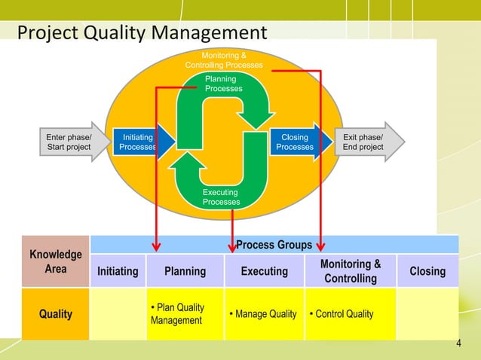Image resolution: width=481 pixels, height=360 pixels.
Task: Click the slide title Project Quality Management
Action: (142, 33)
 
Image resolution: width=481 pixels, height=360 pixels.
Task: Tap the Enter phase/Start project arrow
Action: (71, 142)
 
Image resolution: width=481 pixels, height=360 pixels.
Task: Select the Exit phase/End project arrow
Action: (366, 142)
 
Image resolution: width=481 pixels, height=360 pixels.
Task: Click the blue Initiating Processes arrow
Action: (140, 142)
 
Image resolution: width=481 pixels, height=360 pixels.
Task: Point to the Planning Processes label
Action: (224, 84)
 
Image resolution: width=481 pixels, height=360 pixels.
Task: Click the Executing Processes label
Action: (221, 197)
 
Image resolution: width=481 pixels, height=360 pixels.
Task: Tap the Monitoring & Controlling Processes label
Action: (224, 60)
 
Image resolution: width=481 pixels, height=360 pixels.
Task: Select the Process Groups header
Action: (274, 245)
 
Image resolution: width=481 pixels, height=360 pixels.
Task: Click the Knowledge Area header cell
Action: (55, 261)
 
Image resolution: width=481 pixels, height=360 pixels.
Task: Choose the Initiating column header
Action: (118, 271)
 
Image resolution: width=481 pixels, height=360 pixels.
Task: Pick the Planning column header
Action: (185, 271)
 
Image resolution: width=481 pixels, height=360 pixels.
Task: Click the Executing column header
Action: (264, 271)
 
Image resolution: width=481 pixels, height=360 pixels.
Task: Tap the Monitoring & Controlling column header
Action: (350, 271)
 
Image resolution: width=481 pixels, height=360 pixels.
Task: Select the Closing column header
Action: (427, 271)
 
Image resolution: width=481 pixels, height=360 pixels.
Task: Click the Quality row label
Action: (55, 314)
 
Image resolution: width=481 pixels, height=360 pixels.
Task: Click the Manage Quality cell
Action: (265, 314)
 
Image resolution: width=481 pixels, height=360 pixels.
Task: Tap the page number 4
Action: (458, 345)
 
